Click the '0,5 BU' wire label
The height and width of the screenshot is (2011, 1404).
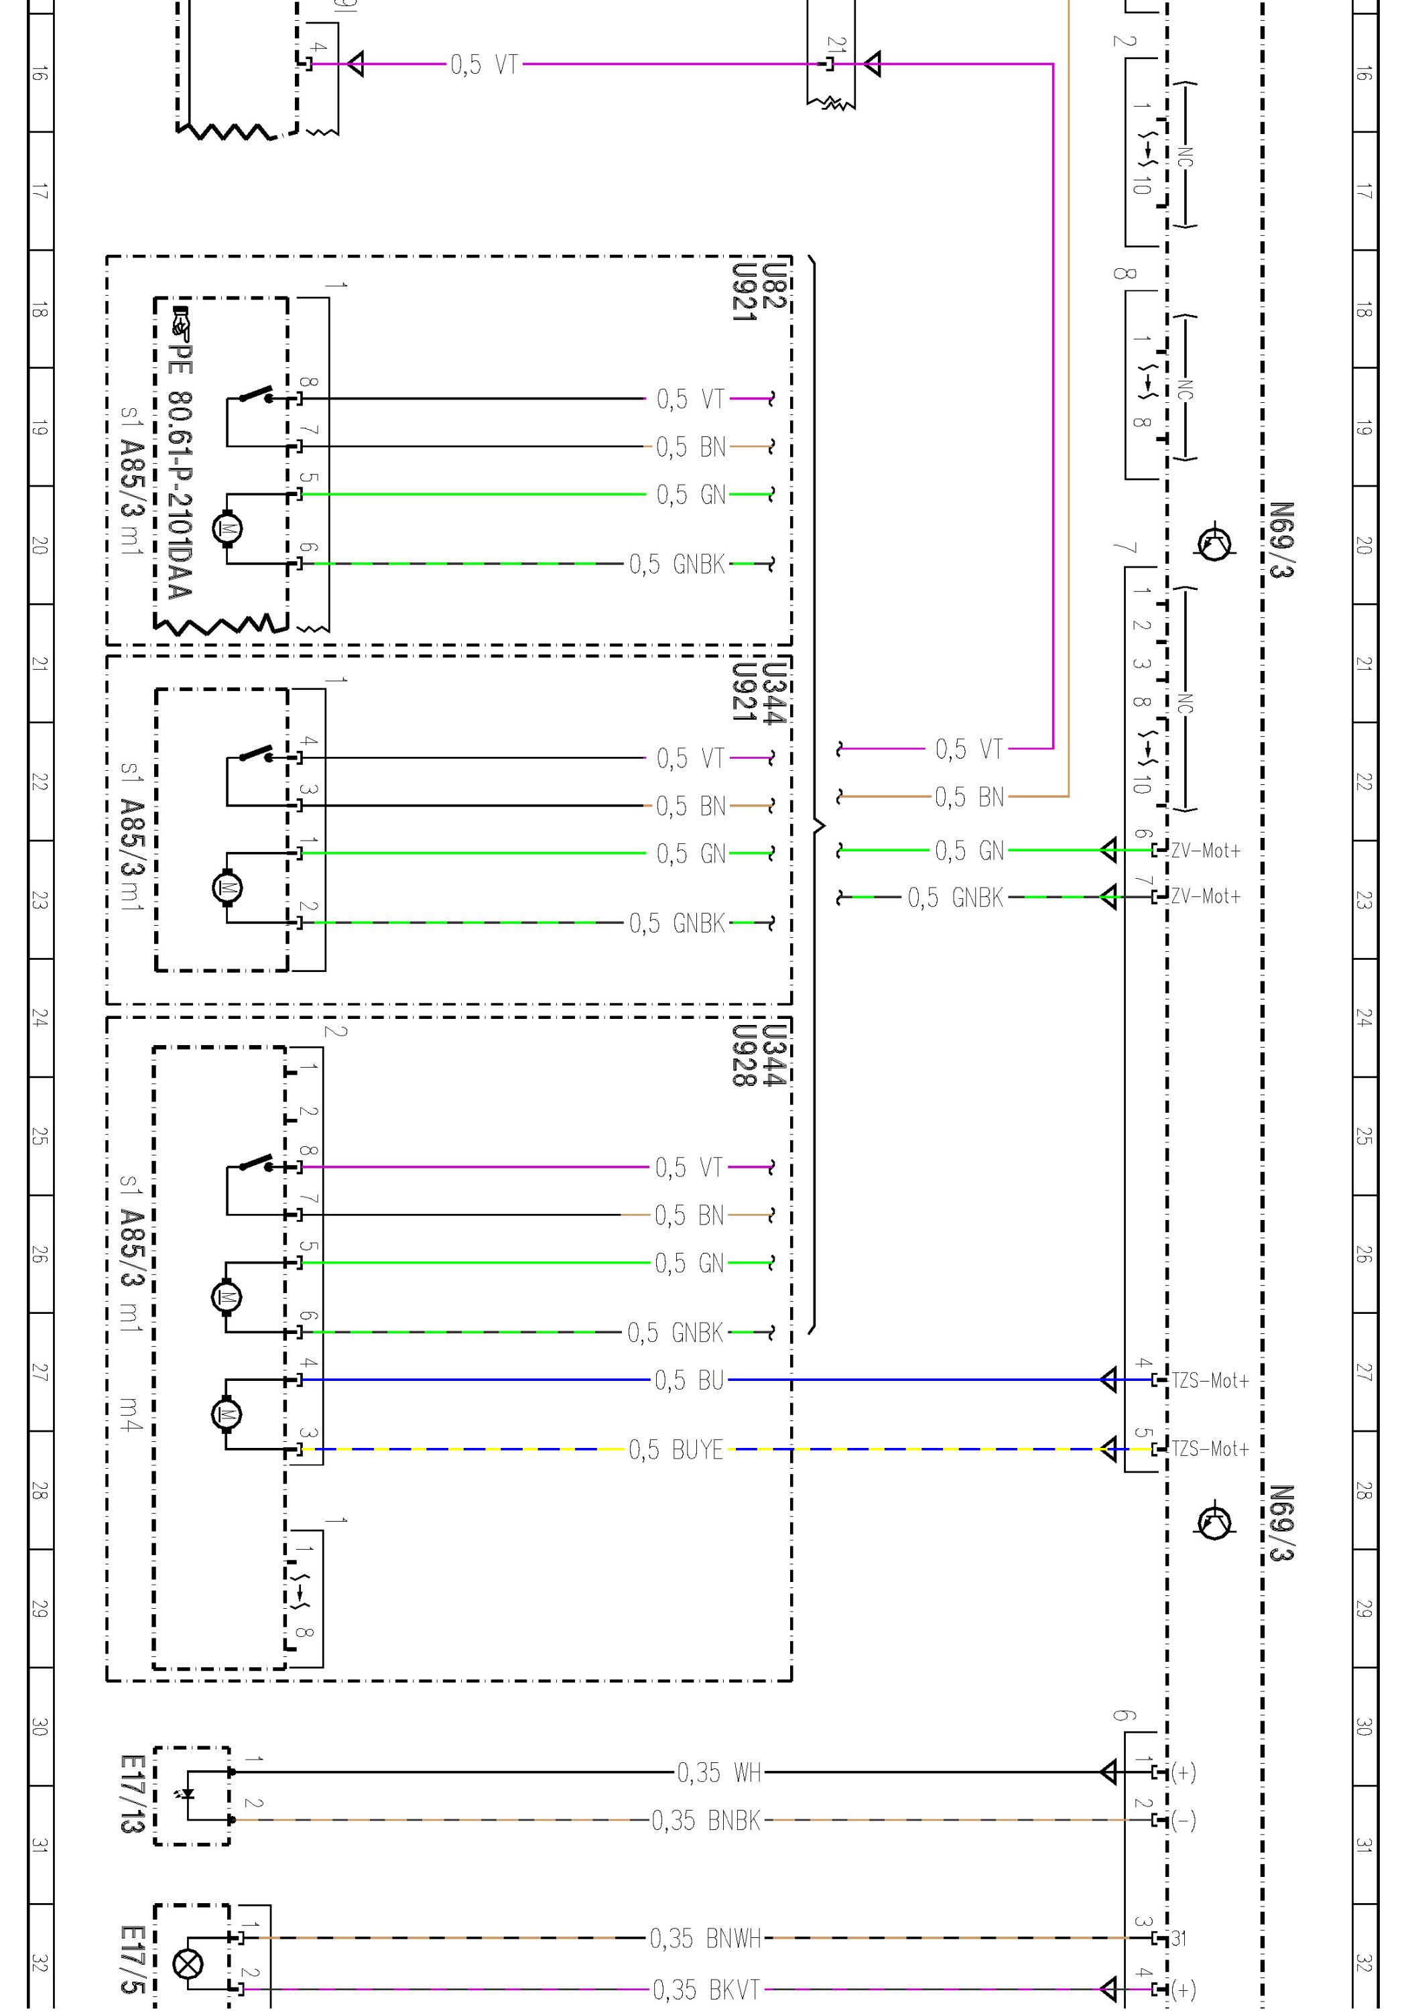690,1380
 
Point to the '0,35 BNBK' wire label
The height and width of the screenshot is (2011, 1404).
706,1820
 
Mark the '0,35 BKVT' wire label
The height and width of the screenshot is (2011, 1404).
706,1990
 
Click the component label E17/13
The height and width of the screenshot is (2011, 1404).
132,1794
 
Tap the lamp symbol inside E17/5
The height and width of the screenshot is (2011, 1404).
188,1963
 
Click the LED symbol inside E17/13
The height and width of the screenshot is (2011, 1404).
186,1794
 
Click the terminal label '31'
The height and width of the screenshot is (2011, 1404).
1179,1939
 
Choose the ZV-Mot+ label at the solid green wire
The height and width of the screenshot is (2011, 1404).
1205,851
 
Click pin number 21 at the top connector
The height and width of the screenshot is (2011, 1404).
837,45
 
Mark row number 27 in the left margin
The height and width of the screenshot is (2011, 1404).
40,1372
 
